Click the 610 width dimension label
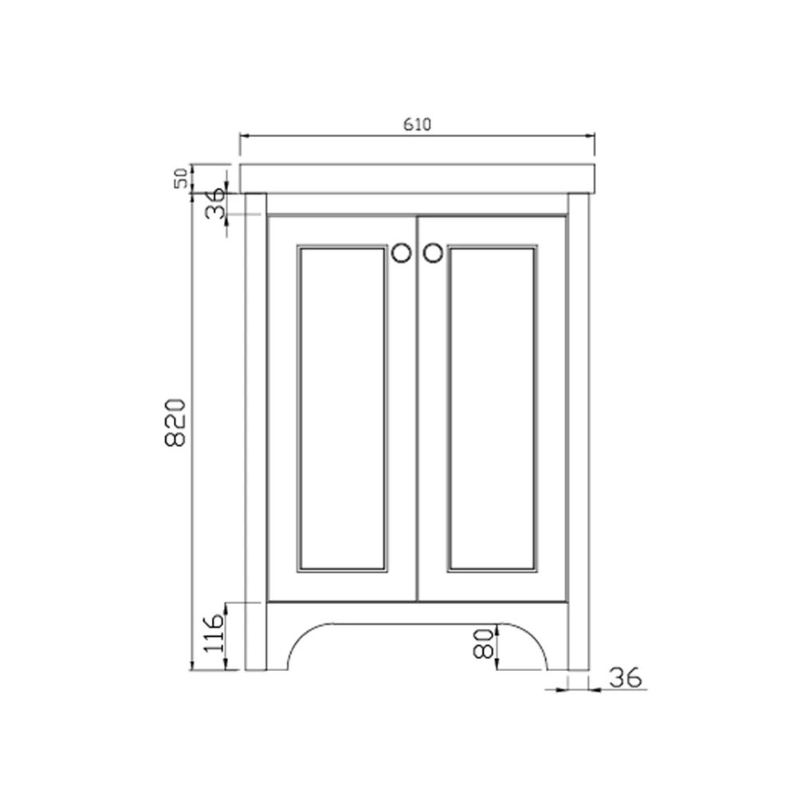coord(418,124)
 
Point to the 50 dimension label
coord(182,178)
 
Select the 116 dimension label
coord(213,634)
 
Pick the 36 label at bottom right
coord(625,678)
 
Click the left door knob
coord(402,253)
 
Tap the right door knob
coord(432,253)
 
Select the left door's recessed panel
coord(342,408)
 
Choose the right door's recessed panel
coord(492,408)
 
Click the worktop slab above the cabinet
coord(418,178)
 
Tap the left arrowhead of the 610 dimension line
coord(244,135)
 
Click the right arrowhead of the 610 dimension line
coord(591,135)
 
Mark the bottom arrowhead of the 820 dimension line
coord(192,665)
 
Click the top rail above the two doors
coord(418,204)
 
